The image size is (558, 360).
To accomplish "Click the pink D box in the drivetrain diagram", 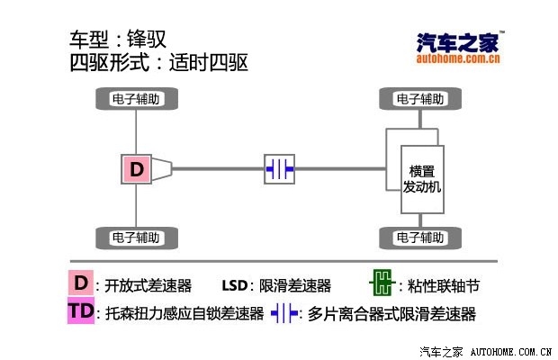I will [136, 168].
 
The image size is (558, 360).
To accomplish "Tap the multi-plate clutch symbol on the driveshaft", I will [279, 168].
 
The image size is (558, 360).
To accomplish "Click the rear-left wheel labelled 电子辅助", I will [136, 98].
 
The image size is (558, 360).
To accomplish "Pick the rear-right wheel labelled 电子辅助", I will [136, 238].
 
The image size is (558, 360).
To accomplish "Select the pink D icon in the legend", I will [81, 283].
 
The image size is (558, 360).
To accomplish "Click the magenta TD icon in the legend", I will [81, 312].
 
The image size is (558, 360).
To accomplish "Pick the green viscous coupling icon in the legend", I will [382, 283].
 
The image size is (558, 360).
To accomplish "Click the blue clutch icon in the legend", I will [284, 314].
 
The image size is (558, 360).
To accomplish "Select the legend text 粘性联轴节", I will [444, 286].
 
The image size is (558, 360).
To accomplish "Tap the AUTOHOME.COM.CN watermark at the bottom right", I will [511, 350].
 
